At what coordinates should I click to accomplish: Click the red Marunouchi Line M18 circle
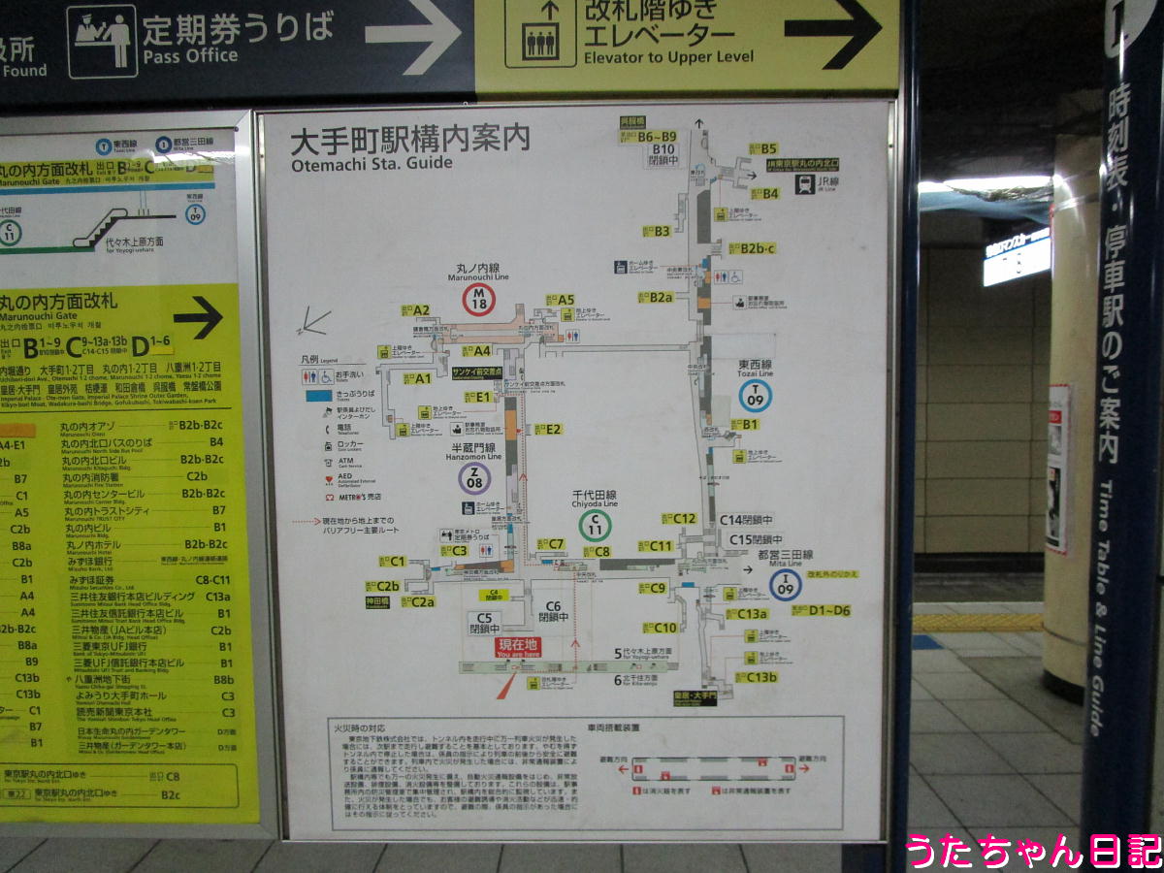coord(478,300)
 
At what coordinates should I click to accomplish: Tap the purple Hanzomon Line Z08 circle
coord(474,477)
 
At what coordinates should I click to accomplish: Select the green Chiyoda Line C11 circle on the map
coord(595,526)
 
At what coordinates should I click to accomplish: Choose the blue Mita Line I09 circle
coord(785,584)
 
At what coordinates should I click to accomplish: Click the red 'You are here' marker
coord(517,648)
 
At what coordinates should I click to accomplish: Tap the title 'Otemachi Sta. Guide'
coord(372,163)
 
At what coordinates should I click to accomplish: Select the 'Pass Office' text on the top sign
coord(190,55)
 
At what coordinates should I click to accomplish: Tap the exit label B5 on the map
coord(768,148)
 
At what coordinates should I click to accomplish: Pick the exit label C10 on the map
coord(663,628)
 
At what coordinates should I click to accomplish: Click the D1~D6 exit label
coord(828,610)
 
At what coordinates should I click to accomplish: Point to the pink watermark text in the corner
coord(1032,851)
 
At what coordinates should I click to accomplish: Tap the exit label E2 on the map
coord(552,429)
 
